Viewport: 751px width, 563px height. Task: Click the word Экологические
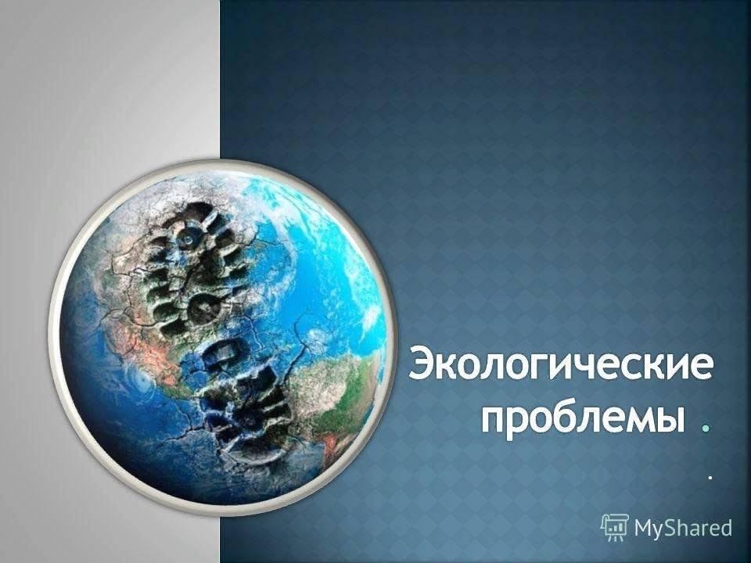(560, 366)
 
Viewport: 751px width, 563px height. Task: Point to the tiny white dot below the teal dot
(710, 477)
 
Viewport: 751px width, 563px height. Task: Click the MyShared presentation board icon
(615, 527)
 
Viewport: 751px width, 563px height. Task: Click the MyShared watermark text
(683, 528)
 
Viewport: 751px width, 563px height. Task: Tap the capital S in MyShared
(668, 527)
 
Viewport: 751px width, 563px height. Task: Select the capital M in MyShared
(643, 527)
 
